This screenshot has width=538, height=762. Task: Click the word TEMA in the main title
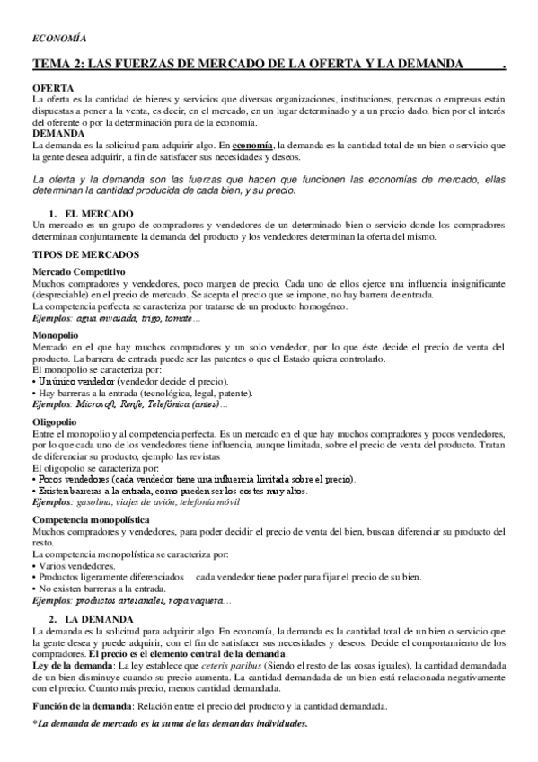51,66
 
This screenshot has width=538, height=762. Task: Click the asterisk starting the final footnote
34,723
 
